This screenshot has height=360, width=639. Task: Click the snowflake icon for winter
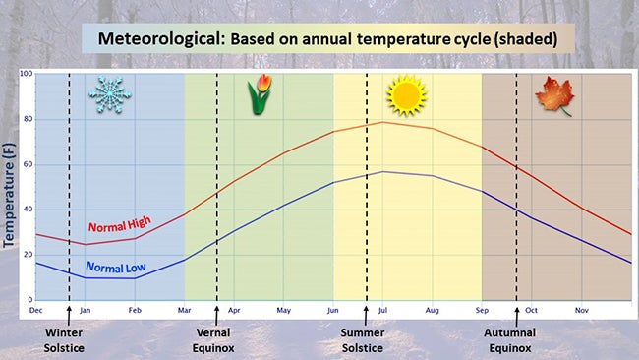[x=109, y=94]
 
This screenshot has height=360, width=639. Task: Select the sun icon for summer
[x=406, y=95]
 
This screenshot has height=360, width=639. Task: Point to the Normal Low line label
[x=115, y=267]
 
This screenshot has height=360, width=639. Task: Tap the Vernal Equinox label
[x=216, y=339]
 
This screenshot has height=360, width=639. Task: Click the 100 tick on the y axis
[x=27, y=74]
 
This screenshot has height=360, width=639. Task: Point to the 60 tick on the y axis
[x=29, y=164]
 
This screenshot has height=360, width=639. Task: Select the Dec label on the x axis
[x=36, y=310]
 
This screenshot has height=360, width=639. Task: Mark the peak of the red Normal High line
[x=382, y=122]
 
